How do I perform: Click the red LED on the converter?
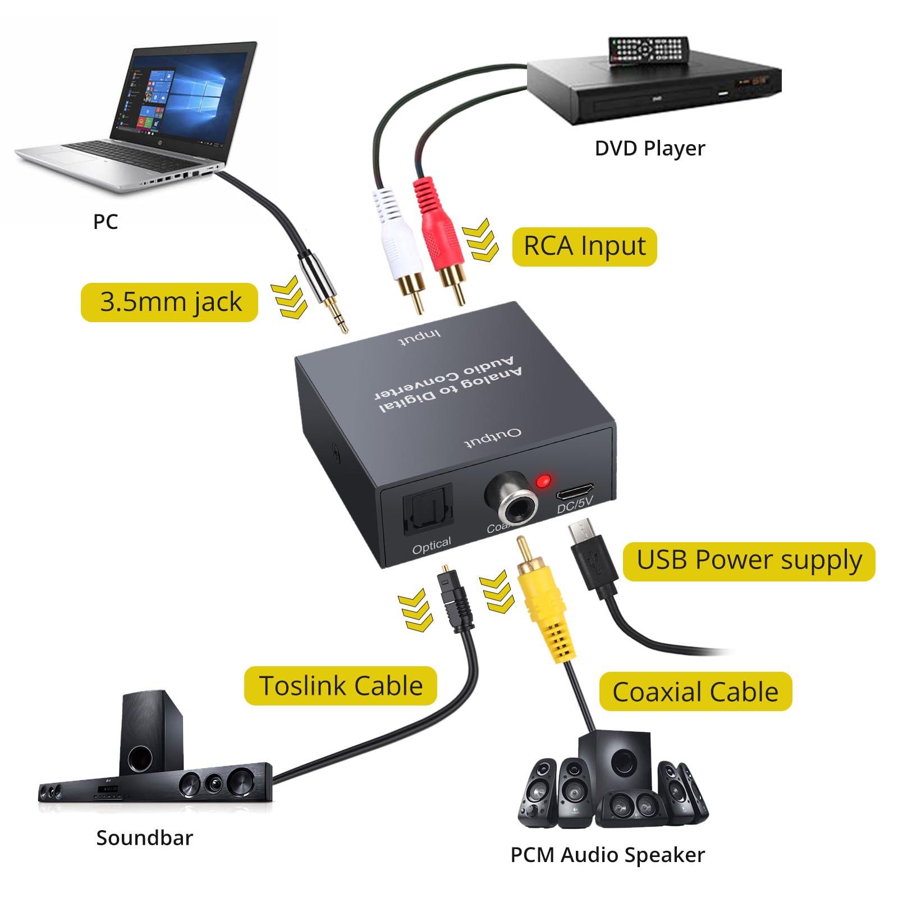coord(543,481)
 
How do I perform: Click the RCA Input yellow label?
coord(584,246)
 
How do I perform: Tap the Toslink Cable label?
coord(340,686)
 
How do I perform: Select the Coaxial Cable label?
coord(695,691)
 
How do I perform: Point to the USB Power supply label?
coord(749,561)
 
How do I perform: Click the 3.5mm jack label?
coord(169,303)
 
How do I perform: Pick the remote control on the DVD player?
coord(649,51)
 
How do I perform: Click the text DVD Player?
coord(649,149)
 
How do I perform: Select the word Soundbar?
coord(144,837)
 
